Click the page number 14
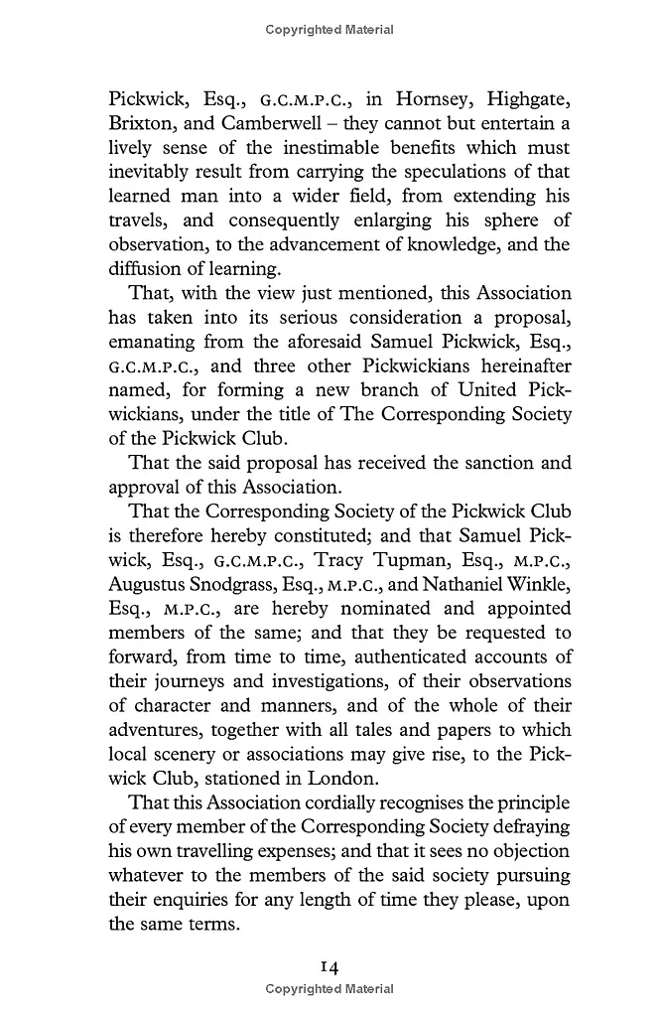pyautogui.click(x=329, y=965)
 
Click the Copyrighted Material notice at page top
pyautogui.click(x=329, y=30)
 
